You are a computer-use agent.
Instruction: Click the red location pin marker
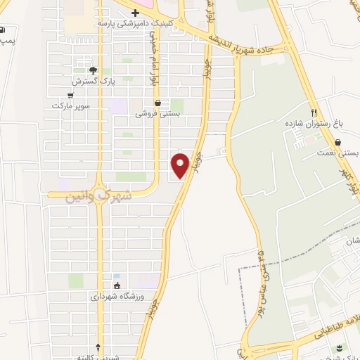(180, 165)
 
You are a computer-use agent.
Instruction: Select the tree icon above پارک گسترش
(92, 70)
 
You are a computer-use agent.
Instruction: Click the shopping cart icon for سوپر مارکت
(70, 96)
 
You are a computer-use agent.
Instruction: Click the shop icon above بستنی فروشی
(157, 102)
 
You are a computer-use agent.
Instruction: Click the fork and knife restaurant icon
(315, 112)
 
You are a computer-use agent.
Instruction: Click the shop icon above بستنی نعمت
(338, 141)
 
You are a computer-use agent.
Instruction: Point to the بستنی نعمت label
(339, 151)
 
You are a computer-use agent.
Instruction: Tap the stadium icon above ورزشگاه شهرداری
(117, 286)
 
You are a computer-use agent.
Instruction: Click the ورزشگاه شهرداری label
(117, 297)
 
